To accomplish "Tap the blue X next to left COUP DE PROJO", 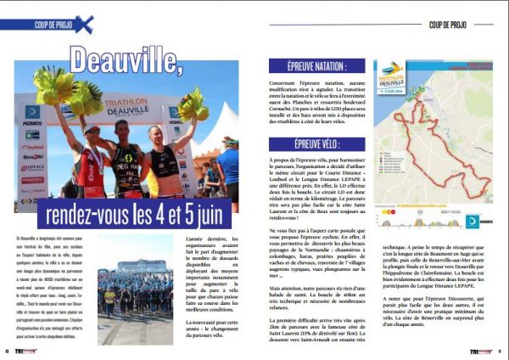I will [83, 25].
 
